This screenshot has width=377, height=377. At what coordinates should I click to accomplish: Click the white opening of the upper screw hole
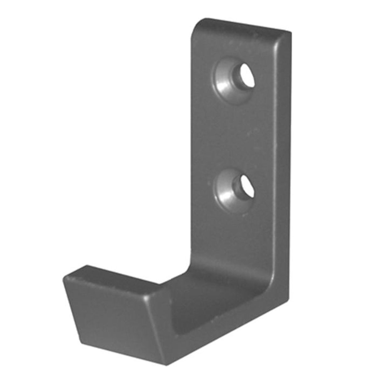247,76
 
